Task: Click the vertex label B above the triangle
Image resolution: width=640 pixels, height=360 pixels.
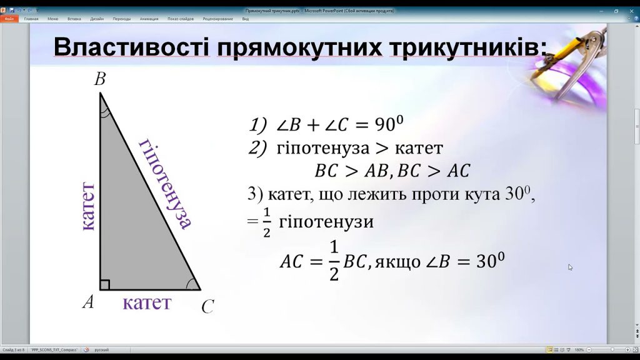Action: pos(99,79)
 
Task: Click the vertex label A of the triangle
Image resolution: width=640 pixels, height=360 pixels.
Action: pos(89,302)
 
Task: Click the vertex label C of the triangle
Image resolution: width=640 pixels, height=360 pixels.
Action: pos(207,306)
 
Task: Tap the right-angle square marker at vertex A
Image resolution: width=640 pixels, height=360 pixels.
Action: pos(104,285)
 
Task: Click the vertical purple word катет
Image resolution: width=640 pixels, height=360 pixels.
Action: pos(87,207)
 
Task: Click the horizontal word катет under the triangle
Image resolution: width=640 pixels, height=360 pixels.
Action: pos(147,303)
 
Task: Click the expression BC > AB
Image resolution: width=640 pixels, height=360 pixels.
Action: pos(351,171)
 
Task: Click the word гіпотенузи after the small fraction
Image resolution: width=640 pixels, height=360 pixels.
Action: pos(326,222)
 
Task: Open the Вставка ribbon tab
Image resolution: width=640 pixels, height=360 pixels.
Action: pos(74,19)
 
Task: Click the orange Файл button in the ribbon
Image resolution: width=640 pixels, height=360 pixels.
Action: pos(9,19)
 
